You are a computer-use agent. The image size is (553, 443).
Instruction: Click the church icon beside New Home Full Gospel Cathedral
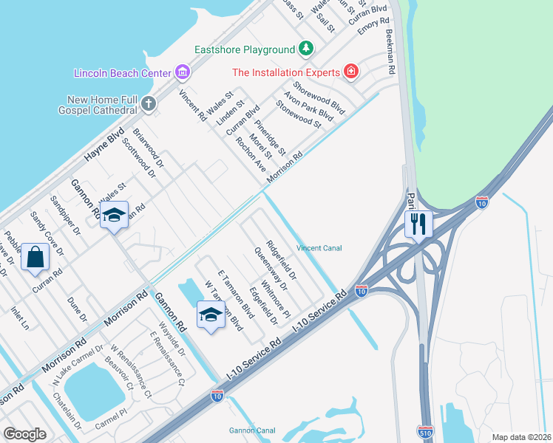pyautogui.click(x=149, y=103)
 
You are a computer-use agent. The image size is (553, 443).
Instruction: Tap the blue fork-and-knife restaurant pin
pyautogui.click(x=418, y=224)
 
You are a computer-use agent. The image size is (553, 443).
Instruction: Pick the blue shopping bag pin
pyautogui.click(x=35, y=258)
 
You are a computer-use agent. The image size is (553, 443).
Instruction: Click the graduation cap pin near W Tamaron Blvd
pyautogui.click(x=211, y=315)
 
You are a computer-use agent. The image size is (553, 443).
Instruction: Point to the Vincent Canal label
pyautogui.click(x=319, y=248)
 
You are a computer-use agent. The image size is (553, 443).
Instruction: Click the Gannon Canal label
pyautogui.click(x=251, y=430)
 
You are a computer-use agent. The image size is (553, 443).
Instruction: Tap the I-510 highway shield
pyautogui.click(x=424, y=430)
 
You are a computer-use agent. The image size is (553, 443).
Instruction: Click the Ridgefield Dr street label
pyautogui.click(x=282, y=261)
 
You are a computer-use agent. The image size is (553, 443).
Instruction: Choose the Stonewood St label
pyautogui.click(x=298, y=114)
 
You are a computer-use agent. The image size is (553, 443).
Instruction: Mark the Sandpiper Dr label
pyautogui.click(x=65, y=215)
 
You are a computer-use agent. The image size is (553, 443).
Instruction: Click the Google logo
pyautogui.click(x=25, y=434)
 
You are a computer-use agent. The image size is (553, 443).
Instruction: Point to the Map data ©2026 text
pyautogui.click(x=521, y=437)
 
